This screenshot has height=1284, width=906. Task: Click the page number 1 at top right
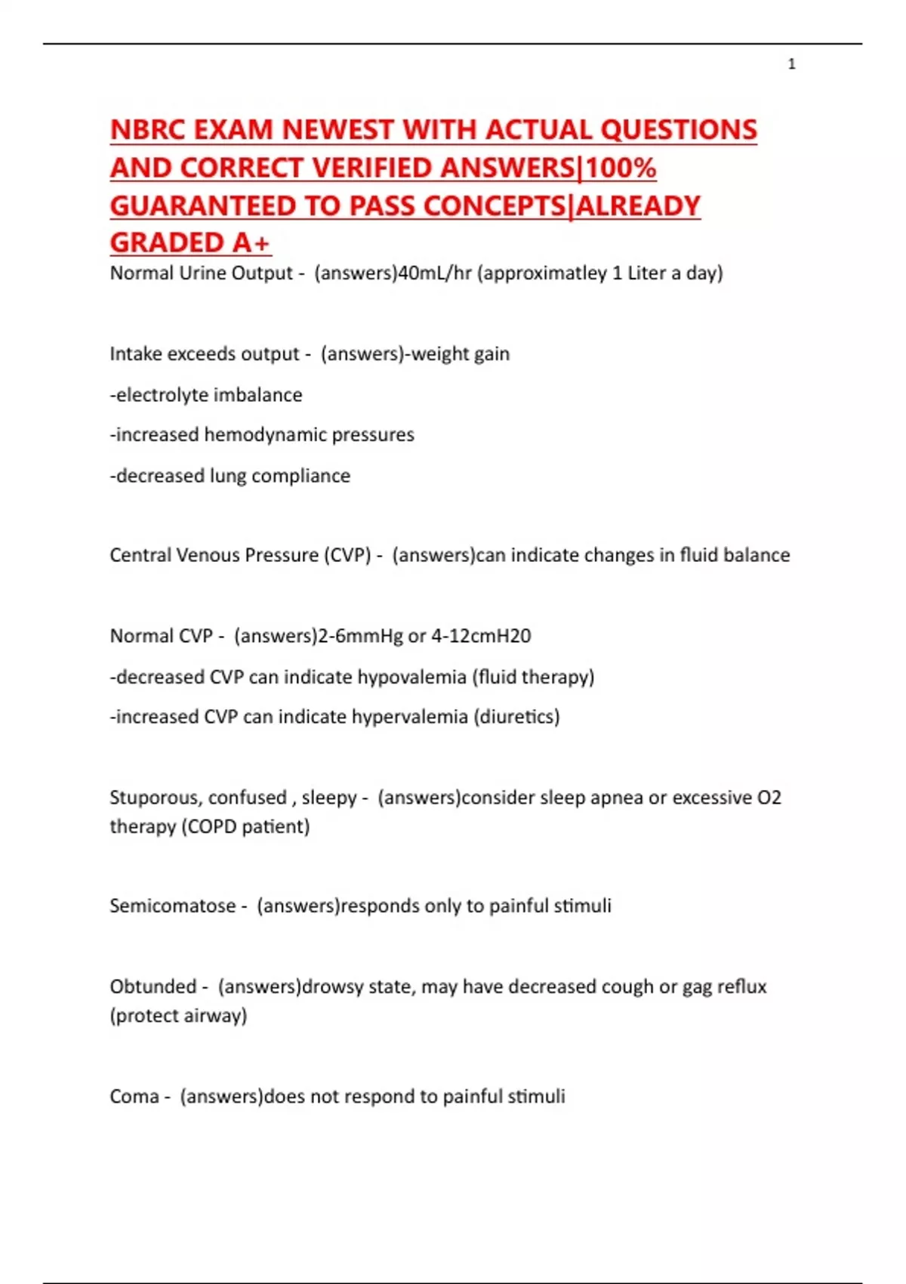(x=791, y=64)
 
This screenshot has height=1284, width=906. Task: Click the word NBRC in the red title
(x=148, y=130)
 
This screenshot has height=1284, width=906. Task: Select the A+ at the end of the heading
(x=251, y=243)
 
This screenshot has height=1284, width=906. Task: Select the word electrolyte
(x=161, y=394)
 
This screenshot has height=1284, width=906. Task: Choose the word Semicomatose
(x=172, y=906)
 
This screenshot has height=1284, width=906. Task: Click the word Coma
(x=134, y=1097)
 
